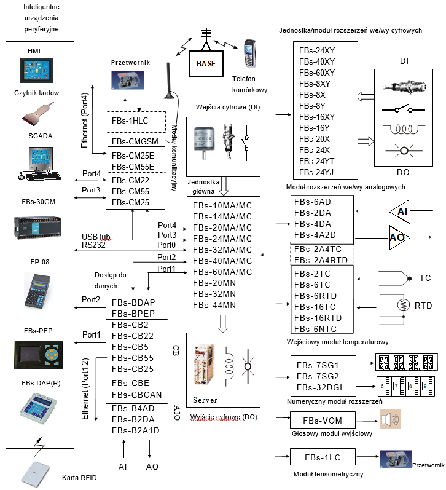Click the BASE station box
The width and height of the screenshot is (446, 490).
(206, 64)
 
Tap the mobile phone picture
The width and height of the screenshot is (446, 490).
(250, 53)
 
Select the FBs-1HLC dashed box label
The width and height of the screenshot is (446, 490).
(130, 121)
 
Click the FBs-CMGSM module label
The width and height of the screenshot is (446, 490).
(135, 141)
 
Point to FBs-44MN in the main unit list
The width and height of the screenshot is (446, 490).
(214, 305)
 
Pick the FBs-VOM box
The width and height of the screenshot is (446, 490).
(323, 421)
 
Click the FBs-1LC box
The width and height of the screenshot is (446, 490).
(323, 457)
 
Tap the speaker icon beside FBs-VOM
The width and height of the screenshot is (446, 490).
(390, 419)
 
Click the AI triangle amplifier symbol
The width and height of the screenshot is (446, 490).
(400, 211)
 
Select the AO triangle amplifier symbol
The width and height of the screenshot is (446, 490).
(399, 237)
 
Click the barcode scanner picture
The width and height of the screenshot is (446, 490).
(37, 114)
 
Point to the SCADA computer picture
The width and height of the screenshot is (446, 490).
(40, 164)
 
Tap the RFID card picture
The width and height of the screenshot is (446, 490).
(36, 474)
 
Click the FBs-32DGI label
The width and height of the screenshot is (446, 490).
(319, 387)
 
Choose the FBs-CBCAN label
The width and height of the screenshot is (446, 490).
(137, 395)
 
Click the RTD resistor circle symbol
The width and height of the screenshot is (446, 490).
(403, 305)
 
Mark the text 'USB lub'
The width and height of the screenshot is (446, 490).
(96, 237)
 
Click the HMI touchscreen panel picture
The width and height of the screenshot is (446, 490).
(36, 70)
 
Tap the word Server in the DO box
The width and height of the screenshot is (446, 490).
(205, 400)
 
